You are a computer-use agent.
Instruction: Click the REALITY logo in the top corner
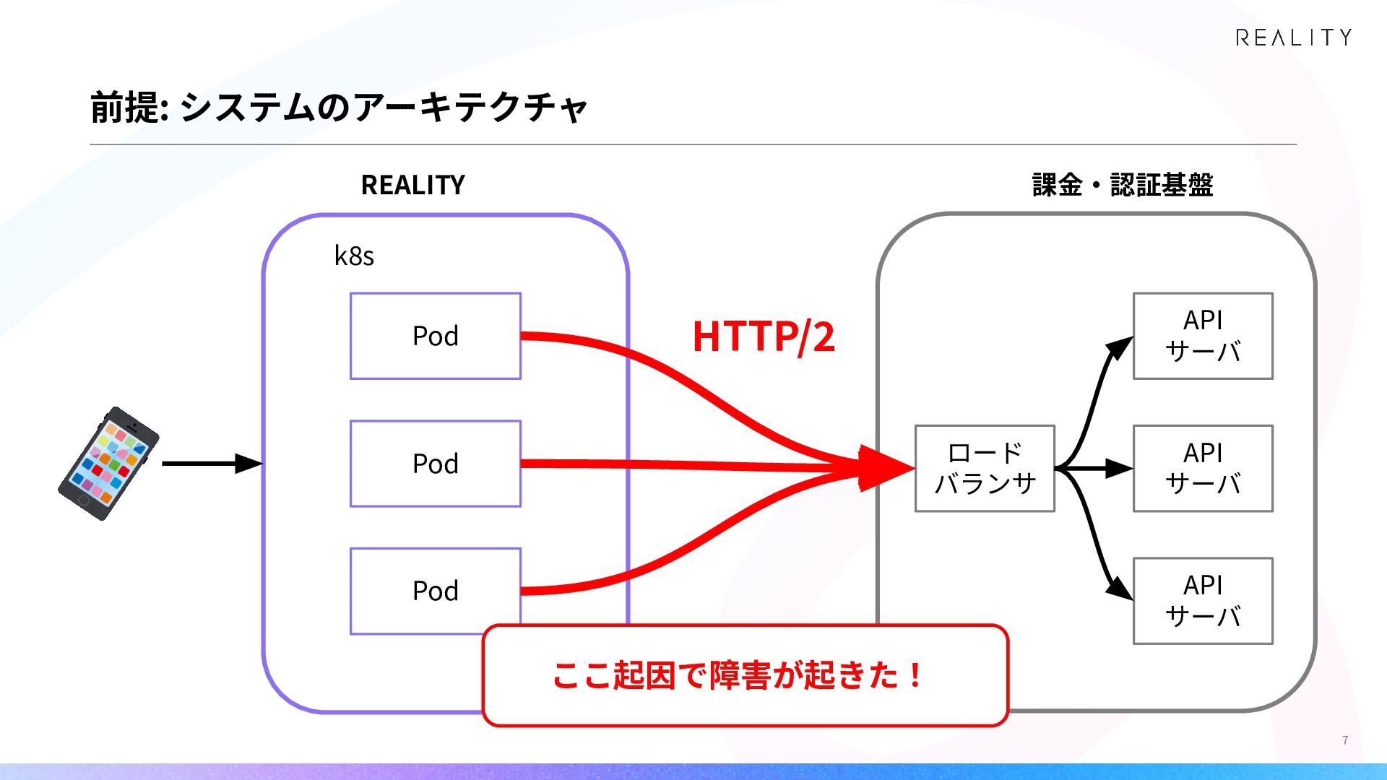point(1293,38)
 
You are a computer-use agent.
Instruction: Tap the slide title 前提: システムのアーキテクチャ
point(339,108)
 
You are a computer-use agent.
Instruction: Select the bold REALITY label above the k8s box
point(412,185)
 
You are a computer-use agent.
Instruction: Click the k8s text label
point(354,256)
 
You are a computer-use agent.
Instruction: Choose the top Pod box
point(436,336)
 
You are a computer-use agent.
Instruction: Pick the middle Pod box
point(436,464)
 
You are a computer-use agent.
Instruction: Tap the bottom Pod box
point(436,591)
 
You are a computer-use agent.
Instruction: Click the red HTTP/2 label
point(764,337)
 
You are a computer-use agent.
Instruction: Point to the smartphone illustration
point(108,464)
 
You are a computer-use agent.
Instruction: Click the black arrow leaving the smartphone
point(212,464)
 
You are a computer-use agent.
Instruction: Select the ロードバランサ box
point(985,469)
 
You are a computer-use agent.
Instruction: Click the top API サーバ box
point(1203,336)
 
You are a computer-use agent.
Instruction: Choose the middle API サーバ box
point(1203,469)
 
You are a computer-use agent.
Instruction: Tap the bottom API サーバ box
point(1203,601)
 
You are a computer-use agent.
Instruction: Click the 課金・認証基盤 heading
point(1123,185)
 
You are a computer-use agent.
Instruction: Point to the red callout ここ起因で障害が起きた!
point(745,675)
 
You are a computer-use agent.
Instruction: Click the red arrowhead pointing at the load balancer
point(887,469)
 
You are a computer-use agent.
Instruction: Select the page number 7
point(1345,740)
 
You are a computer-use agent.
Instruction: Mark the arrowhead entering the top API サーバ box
point(1120,347)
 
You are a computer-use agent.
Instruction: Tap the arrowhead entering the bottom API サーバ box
point(1120,588)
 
